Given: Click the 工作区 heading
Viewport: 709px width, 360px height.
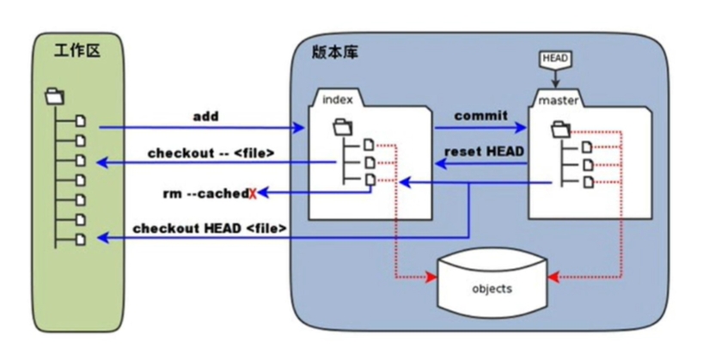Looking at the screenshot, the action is [x=76, y=51].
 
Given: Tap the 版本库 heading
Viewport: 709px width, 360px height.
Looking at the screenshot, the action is [x=335, y=52].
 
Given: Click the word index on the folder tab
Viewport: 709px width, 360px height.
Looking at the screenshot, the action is [x=338, y=100].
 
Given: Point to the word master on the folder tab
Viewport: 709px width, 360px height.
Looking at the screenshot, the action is [x=558, y=101].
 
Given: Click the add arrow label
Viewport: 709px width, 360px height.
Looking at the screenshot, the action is [x=205, y=117].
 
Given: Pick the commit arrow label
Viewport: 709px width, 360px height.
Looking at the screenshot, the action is [x=480, y=116].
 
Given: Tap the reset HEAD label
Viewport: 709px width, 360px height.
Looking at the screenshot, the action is [x=485, y=151].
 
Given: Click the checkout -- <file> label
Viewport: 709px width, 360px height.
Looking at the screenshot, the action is [x=211, y=153].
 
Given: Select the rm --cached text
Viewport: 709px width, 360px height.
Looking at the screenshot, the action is [x=205, y=193].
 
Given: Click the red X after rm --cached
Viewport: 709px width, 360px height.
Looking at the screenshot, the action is [x=253, y=194].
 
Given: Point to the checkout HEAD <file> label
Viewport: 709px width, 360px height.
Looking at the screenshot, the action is [x=210, y=229].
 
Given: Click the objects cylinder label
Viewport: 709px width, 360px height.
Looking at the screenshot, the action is [x=492, y=289].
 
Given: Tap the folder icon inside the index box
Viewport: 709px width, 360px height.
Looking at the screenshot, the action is [x=343, y=127].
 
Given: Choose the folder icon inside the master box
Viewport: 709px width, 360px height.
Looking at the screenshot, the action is [x=560, y=129].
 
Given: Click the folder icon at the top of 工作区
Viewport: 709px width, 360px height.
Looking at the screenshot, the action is [x=55, y=97].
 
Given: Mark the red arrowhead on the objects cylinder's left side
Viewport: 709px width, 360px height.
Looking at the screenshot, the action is [x=431, y=278].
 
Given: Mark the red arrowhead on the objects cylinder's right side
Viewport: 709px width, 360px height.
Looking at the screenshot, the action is [x=553, y=277].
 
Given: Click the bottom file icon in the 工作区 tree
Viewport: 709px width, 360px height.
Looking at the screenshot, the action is [x=81, y=239].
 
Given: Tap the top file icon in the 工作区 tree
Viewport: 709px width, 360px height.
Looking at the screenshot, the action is [x=81, y=121].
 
